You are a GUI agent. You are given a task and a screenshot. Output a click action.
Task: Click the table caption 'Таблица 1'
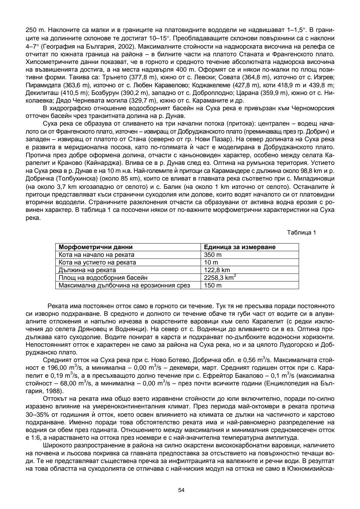point(301,233)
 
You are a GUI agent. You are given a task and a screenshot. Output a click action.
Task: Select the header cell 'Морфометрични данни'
point(95,247)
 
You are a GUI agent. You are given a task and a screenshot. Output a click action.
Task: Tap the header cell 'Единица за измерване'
point(240,247)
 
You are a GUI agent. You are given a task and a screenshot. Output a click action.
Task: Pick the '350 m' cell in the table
point(213,255)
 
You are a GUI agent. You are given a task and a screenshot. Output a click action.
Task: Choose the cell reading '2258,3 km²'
point(220,277)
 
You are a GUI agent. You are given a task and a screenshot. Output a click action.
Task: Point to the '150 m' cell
point(213,285)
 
